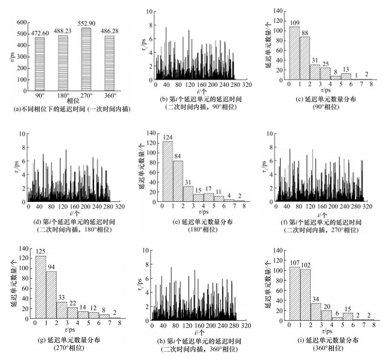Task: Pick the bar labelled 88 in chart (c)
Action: [305, 58]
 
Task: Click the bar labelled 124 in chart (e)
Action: [168, 172]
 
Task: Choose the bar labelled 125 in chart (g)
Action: [40, 287]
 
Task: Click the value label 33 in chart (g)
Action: [61, 298]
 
